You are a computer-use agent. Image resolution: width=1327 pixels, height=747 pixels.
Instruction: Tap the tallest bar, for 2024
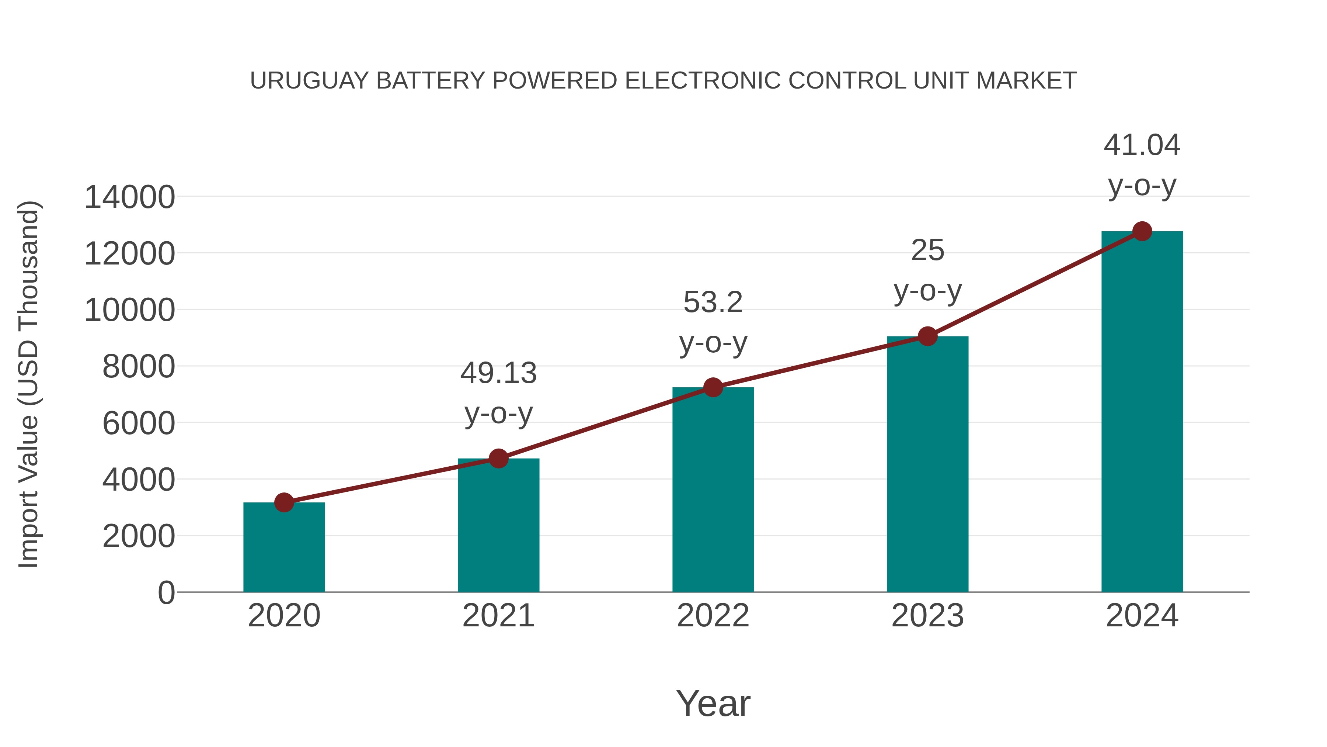(1142, 412)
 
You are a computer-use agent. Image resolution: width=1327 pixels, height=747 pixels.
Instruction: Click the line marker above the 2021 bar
(498, 458)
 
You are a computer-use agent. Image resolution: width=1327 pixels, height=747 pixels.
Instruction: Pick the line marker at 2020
(284, 502)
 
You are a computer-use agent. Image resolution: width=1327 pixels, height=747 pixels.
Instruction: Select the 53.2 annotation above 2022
(713, 302)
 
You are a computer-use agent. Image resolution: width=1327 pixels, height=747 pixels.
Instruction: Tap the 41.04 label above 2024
(1142, 145)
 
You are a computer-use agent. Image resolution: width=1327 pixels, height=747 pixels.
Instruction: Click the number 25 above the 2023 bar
(927, 250)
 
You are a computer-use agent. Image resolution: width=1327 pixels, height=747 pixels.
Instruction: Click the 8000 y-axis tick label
(139, 367)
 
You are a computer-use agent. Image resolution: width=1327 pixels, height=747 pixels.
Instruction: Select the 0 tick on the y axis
(166, 593)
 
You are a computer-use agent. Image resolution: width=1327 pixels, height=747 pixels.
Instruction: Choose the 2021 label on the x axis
(498, 616)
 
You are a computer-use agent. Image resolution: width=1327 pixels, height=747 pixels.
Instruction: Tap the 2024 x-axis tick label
(1142, 616)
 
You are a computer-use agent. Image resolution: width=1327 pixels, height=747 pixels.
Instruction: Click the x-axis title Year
(713, 703)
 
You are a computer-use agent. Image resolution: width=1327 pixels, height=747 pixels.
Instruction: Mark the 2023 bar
(927, 464)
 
